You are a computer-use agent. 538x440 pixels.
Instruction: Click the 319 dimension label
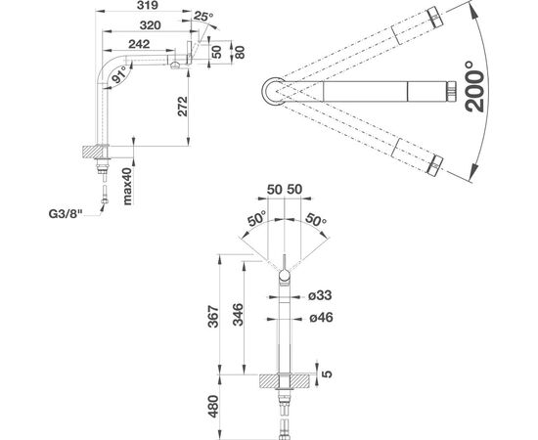pos(148,5)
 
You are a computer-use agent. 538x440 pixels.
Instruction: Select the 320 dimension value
pos(151,25)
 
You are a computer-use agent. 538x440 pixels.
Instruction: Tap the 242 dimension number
pos(139,44)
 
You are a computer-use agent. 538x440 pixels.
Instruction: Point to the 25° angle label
pos(203,16)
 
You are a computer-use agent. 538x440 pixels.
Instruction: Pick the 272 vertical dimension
pos(183,107)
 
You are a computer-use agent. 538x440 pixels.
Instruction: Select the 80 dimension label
pos(240,52)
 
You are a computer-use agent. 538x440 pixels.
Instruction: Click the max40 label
pos(127,186)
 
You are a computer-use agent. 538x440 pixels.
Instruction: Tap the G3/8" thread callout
pos(66,214)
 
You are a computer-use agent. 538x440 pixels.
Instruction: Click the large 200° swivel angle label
pos(474,86)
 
